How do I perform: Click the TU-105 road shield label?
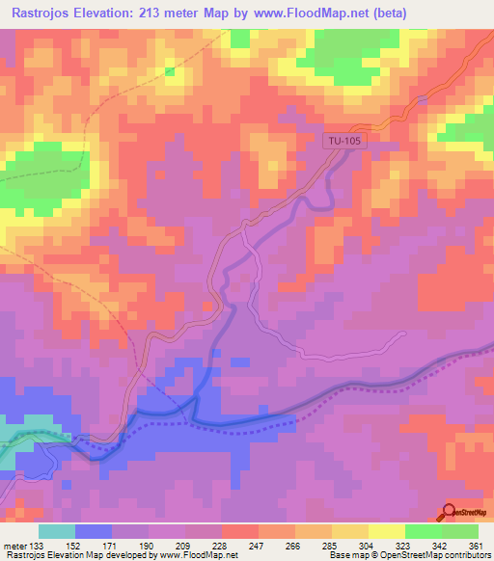[340, 142]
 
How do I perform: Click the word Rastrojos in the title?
[47, 13]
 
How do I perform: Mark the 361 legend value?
[475, 545]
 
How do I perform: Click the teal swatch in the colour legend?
[57, 531]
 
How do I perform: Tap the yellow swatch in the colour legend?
[387, 531]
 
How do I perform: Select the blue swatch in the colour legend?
[94, 531]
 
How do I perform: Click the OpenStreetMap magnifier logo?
[450, 512]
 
